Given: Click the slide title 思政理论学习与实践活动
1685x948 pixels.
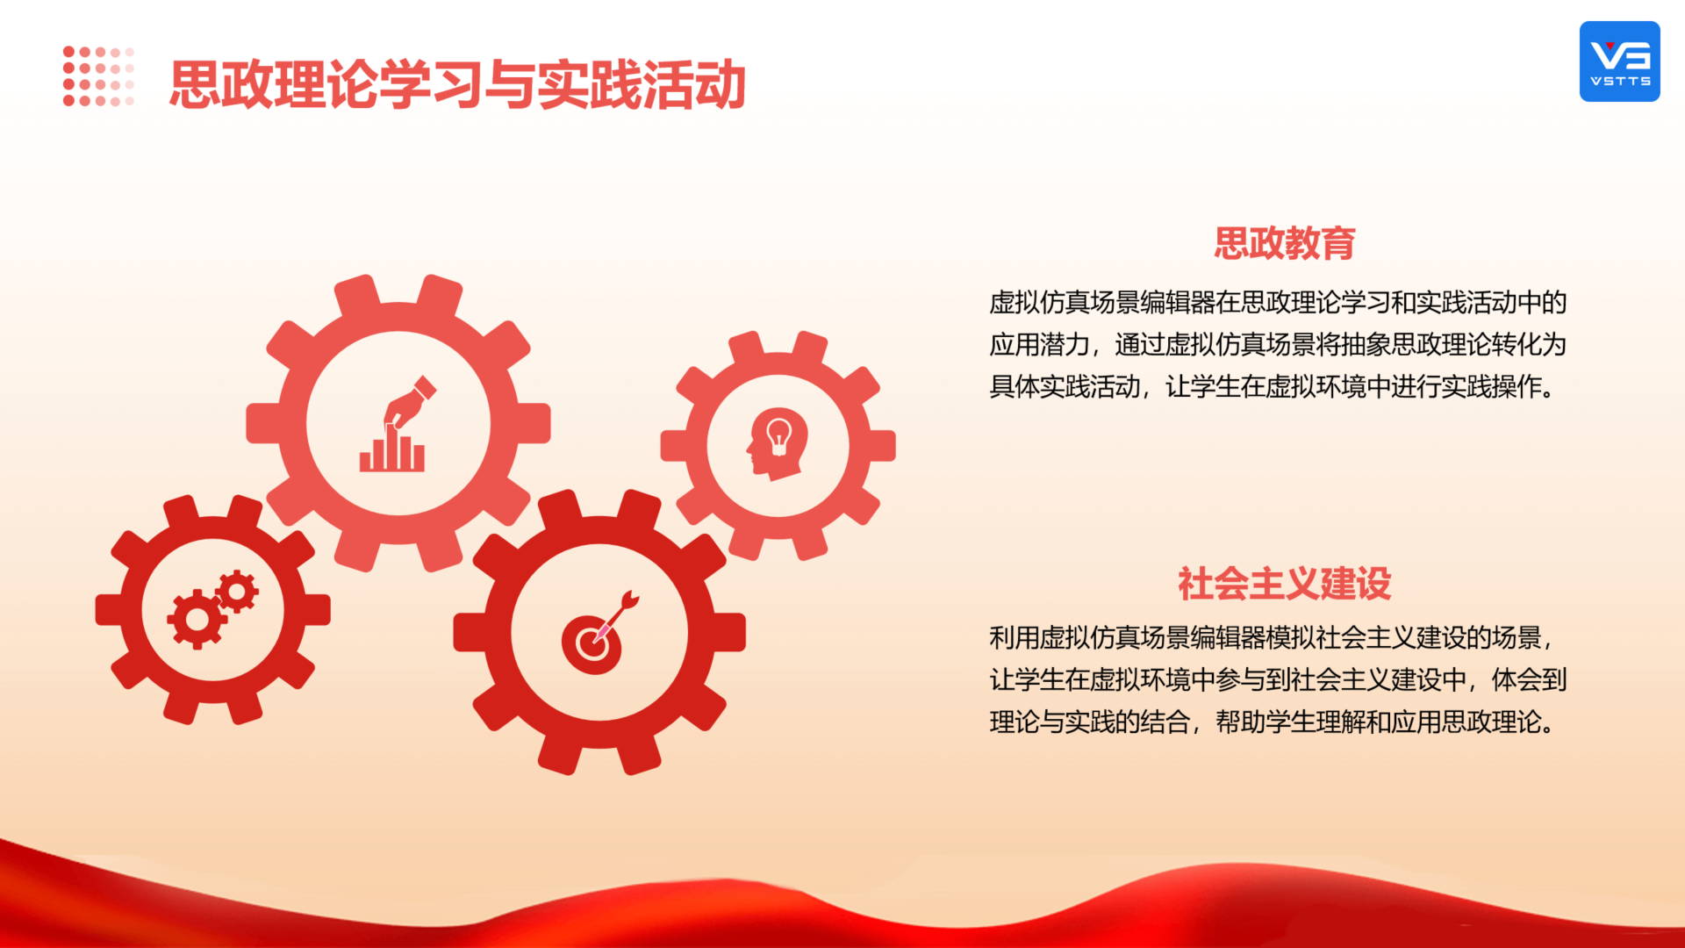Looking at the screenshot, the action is coord(457,85).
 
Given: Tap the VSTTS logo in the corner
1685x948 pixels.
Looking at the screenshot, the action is coord(1619,61).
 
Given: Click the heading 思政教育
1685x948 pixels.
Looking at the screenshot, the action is coord(1285,243).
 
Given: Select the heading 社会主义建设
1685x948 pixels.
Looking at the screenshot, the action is coord(1285,584).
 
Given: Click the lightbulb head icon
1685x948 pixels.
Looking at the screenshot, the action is coord(778,444).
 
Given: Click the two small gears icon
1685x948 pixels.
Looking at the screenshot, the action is coord(212,610).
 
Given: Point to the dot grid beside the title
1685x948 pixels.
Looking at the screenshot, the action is coord(98,76).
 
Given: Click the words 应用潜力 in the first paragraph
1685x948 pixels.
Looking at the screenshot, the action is coord(1040,345).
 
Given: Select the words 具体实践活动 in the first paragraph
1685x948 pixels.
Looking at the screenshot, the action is coord(1065,387).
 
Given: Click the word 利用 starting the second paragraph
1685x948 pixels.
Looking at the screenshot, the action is coord(1015,638).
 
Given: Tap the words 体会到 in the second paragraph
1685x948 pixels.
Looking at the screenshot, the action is coord(1529,680).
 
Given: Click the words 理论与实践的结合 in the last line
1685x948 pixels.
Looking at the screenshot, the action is coord(1090,722).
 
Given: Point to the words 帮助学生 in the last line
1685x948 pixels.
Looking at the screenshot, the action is coord(1266,722).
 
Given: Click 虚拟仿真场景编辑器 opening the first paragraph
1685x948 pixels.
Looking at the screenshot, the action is coord(1102,303).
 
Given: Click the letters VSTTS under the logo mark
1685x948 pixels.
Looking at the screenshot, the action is coord(1620,82).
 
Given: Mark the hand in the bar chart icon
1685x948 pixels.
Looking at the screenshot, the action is coord(409,402).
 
